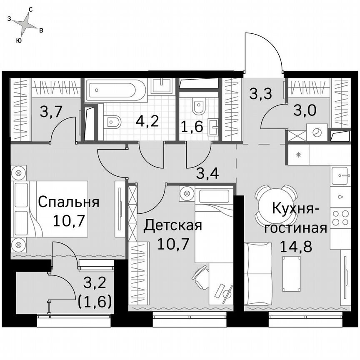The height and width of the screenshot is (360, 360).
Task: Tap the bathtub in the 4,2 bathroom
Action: (x=116, y=89)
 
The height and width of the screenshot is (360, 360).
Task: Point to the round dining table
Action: (x=275, y=200)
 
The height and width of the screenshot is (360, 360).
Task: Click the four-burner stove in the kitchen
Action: (x=340, y=218)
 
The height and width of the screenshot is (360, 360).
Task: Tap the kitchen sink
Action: (x=341, y=175)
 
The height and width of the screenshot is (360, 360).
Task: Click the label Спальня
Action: (x=68, y=202)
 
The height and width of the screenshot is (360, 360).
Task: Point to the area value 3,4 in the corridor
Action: (x=208, y=173)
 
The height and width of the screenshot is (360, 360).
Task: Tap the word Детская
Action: (x=172, y=226)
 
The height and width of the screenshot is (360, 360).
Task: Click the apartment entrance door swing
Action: (x=262, y=54)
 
